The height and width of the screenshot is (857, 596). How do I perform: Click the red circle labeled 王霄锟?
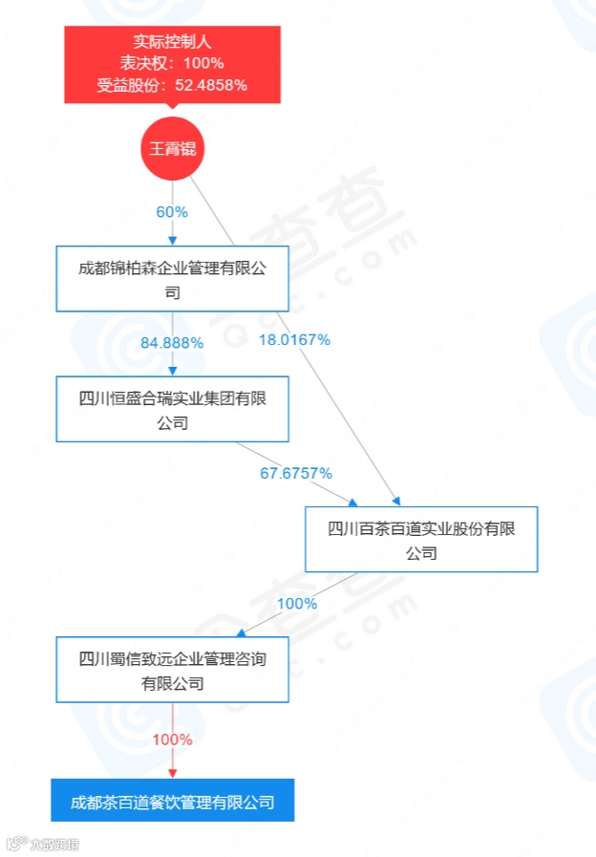click(173, 149)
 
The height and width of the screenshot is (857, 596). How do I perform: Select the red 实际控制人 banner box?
click(173, 64)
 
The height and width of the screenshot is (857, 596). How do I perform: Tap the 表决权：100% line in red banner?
click(173, 63)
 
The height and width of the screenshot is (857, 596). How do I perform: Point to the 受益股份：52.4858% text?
click(173, 84)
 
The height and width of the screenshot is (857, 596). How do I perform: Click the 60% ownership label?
click(172, 212)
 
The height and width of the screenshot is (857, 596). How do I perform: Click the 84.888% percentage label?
click(172, 343)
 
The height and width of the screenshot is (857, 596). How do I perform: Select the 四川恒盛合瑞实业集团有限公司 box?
click(172, 410)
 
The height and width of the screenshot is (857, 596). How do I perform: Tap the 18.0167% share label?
click(294, 339)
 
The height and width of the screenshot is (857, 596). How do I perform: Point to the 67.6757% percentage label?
click(296, 472)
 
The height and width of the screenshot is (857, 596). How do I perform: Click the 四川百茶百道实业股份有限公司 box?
click(421, 540)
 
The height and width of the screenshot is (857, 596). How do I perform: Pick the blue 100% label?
click(296, 603)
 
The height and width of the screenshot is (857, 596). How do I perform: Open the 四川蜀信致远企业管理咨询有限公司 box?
click(172, 670)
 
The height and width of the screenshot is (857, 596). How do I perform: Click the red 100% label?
click(173, 739)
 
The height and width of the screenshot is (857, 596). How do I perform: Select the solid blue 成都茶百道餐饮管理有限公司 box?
click(173, 801)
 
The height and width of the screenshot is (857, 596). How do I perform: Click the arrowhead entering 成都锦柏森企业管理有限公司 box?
click(173, 240)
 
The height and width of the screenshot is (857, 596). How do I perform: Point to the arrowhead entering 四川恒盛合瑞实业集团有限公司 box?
click(173, 372)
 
